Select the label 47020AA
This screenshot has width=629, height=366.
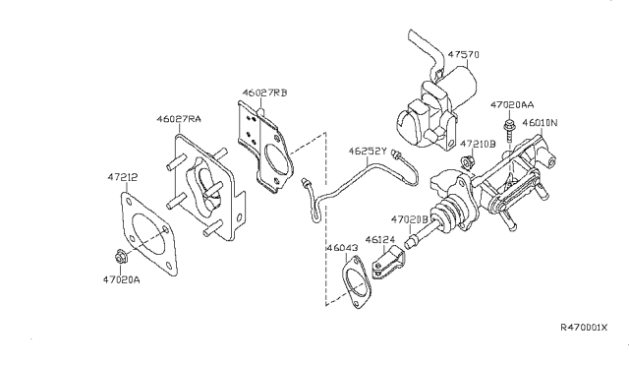(514, 103)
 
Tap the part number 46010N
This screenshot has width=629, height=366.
(570, 124)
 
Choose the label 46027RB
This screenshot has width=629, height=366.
(265, 95)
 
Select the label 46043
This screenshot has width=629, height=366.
(343, 250)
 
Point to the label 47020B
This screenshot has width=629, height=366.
(410, 218)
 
